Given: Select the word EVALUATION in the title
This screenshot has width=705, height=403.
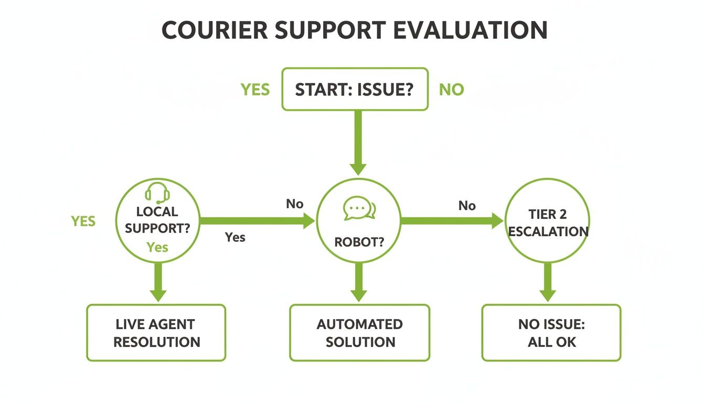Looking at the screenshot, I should [x=470, y=31].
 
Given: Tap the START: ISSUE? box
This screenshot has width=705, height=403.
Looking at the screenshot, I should [x=355, y=89].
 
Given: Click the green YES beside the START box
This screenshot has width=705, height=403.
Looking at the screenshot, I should [x=255, y=90].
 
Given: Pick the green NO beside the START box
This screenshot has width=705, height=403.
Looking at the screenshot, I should [x=452, y=90].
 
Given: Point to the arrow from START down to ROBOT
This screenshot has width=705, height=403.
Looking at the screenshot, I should [x=358, y=142].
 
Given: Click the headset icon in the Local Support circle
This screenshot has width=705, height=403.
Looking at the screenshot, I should [x=157, y=193].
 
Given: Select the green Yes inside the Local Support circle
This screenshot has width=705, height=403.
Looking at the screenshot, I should [x=157, y=247].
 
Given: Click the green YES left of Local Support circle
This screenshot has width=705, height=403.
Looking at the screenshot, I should [x=83, y=221].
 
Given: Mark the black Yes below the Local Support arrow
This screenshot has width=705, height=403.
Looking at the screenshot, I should [x=235, y=237].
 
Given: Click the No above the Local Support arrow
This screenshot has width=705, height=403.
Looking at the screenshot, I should [x=295, y=204].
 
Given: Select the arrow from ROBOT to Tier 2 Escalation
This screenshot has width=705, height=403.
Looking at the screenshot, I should [x=451, y=221].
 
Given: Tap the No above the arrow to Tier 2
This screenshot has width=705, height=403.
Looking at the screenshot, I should [x=467, y=206].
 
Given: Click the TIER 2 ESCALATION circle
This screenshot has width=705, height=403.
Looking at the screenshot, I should [x=548, y=221].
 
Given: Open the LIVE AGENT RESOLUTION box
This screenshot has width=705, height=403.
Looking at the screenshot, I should [x=156, y=333].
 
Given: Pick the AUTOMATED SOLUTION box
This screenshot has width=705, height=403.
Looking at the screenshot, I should [x=360, y=333].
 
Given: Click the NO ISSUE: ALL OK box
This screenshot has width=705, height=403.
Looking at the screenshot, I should [x=551, y=333].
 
